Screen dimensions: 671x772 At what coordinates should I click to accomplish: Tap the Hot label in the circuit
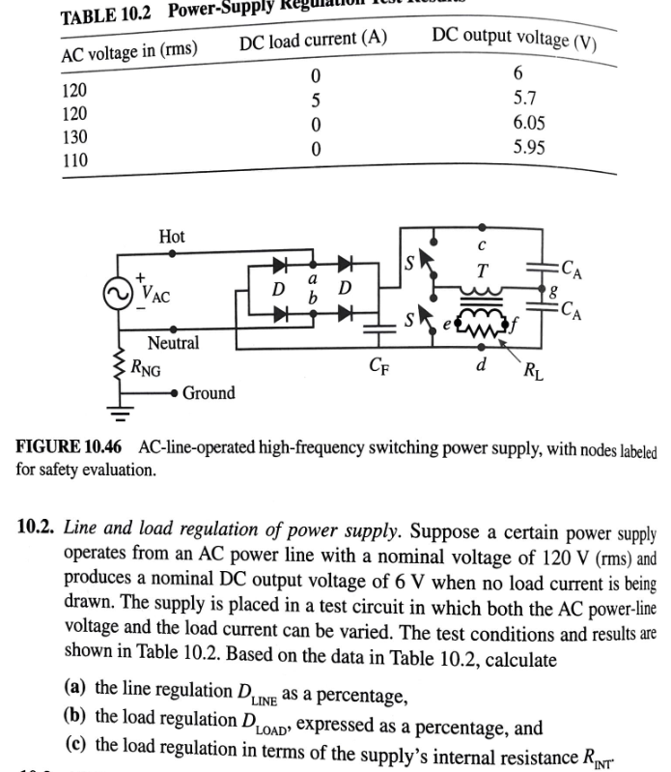[x=172, y=237]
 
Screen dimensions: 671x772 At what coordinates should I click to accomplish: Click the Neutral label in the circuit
[x=174, y=343]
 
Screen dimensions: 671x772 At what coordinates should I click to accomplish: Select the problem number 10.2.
[x=38, y=529]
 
